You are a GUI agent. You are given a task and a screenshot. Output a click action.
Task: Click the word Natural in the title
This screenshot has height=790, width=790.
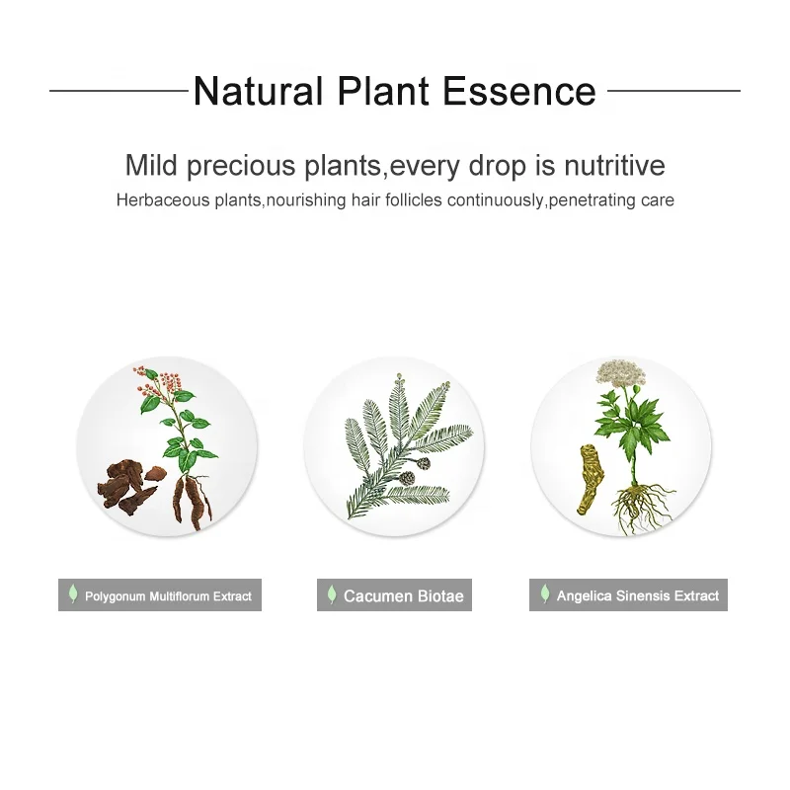coord(258,91)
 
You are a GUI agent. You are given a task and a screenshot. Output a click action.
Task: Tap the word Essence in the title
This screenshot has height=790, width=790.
coord(519,91)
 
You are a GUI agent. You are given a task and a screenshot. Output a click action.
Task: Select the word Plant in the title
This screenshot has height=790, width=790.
coord(383,91)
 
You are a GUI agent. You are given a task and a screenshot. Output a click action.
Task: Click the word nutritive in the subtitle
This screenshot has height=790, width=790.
coord(614,165)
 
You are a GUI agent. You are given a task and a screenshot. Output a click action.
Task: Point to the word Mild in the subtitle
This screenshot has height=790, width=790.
coord(151,165)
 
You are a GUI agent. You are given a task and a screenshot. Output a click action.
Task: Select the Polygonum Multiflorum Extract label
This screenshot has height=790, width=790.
coord(160,595)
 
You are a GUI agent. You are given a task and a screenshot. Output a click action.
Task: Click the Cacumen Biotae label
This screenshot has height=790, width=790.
coord(394,595)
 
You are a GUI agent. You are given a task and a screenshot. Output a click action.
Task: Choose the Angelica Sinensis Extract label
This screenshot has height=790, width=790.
coord(628,595)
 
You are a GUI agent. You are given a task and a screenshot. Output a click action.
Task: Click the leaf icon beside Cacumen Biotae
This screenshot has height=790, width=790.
coord(332,594)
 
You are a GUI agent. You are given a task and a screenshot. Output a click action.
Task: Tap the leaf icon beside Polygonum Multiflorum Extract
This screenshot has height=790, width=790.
coord(73,594)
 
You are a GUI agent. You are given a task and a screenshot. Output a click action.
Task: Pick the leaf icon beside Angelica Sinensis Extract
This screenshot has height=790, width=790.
coord(545,593)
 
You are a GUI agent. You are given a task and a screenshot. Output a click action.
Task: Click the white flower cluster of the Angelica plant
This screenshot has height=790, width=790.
coord(621,373)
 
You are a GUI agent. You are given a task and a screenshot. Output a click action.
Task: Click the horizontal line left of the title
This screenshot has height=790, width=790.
coord(118,91)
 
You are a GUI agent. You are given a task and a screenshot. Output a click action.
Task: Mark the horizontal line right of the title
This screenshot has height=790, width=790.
coord(673,91)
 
